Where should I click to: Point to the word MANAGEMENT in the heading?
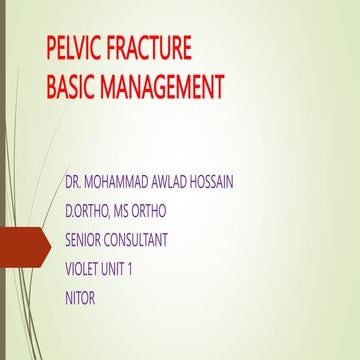tap(162, 88)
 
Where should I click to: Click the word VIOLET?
tap(85, 269)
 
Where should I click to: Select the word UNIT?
tap(129, 269)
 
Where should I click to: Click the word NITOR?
tap(80, 298)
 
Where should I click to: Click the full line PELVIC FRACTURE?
tap(118, 50)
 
